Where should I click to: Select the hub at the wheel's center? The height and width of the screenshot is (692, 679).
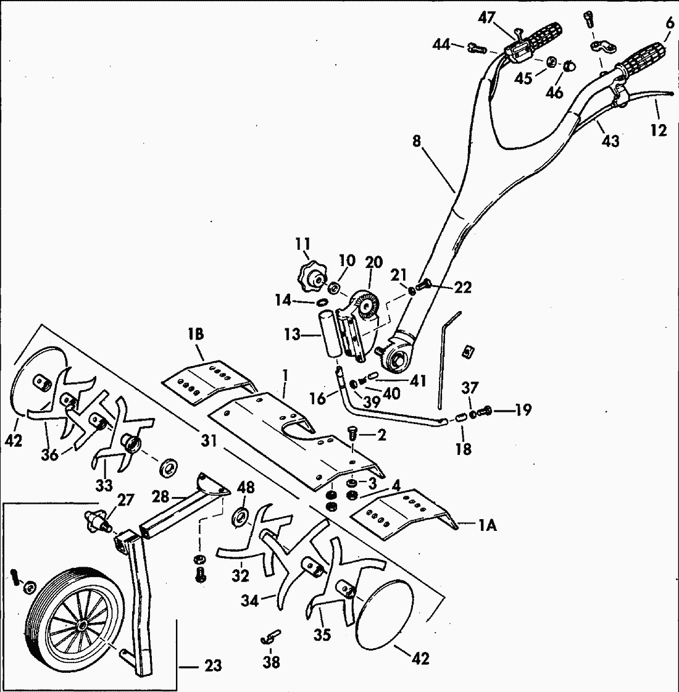click(82, 625)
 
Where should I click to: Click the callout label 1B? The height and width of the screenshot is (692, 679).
click(196, 335)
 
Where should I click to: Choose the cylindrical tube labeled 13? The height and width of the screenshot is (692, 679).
click(329, 334)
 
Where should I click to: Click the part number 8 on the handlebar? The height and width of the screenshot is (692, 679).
click(417, 141)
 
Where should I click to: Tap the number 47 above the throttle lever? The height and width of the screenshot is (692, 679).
click(486, 17)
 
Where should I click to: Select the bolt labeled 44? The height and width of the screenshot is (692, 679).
click(475, 46)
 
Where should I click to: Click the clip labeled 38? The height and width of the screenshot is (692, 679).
click(270, 636)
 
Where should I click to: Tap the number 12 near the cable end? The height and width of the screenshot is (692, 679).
click(659, 131)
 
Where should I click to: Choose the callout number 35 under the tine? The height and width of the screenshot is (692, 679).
click(322, 635)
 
